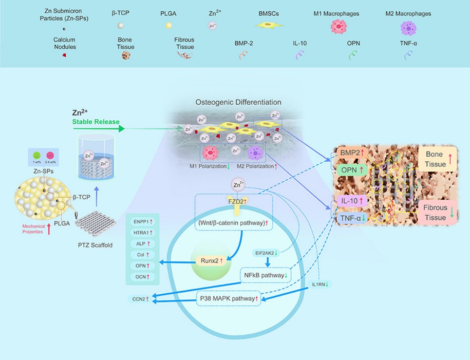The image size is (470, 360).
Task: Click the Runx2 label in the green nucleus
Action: point(208,261)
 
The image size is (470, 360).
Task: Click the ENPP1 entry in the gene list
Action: point(141,222)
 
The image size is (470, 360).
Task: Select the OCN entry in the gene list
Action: point(141,277)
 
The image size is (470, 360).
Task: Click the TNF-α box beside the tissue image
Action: point(350,217)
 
